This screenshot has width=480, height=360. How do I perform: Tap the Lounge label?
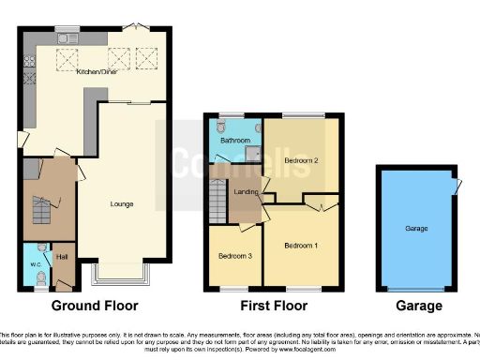[121, 203]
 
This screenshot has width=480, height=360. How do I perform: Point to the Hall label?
[63, 256]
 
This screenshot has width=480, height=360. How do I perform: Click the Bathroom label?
[233, 141]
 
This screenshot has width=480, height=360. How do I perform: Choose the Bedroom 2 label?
[301, 160]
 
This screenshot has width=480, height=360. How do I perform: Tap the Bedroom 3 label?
[235, 255]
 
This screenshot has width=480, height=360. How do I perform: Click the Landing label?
[247, 192]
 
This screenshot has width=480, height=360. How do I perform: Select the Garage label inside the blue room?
[416, 228]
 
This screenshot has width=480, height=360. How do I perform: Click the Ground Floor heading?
[95, 306]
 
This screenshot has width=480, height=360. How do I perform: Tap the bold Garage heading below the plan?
[417, 306]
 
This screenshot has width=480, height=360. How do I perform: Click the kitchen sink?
[68, 38]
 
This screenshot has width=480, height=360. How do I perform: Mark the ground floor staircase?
[42, 209]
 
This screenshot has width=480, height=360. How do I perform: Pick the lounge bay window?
[119, 275]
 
